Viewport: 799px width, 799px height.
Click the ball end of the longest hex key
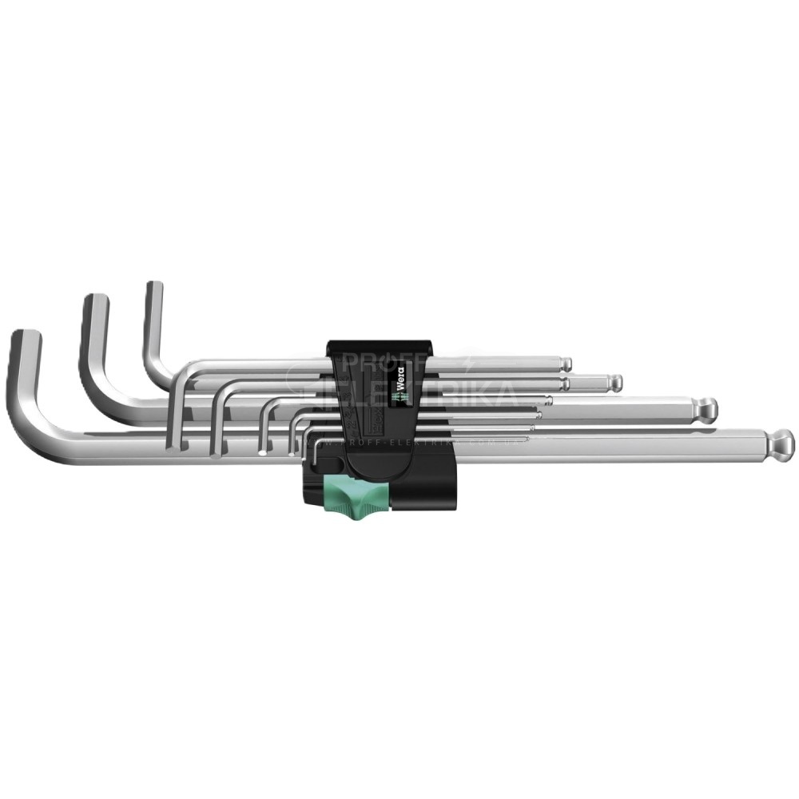tap(781, 442)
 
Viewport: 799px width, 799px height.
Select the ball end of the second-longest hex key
tap(706, 410)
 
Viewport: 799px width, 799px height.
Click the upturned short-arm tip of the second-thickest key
tap(96, 301)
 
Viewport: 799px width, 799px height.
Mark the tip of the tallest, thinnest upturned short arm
tap(154, 288)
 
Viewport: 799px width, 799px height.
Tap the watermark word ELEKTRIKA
tap(431, 394)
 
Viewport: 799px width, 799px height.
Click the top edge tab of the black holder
tap(379, 345)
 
